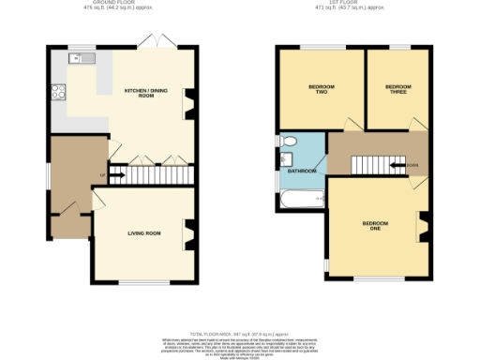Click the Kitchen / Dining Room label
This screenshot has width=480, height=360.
coord(139,94)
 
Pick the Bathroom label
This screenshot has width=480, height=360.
coord(301,171)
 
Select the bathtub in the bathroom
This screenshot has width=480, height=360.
coord(299,199)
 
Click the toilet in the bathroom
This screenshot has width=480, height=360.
coord(290,142)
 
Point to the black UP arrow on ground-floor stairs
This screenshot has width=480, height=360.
coord(119,172)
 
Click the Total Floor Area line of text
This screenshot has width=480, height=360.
coord(238,334)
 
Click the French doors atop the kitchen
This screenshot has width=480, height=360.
coord(152,42)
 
